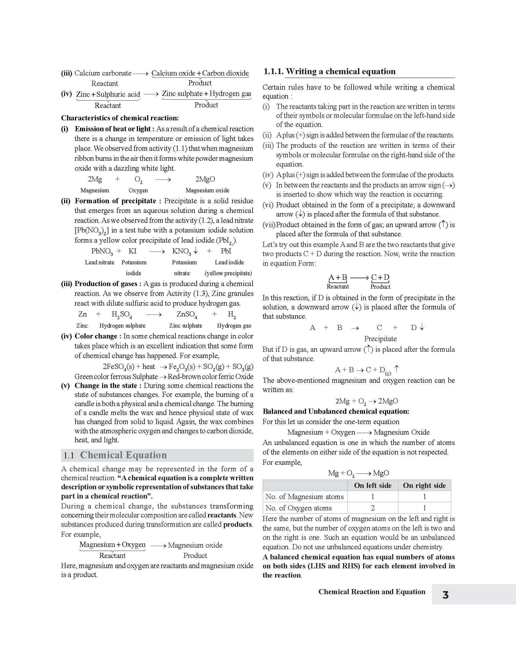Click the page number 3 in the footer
pos(445,595)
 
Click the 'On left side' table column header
pos(373,485)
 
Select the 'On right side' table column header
pos(424,485)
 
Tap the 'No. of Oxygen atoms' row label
pos(298,508)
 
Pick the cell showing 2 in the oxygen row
pos(373,508)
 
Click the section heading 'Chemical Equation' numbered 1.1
pos(123,455)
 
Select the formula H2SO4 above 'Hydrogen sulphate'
pos(121,315)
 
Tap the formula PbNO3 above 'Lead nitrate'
pos(102,251)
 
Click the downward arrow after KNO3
pos(196,250)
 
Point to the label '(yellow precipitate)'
pos(228,273)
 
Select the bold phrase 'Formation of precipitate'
pos(115,201)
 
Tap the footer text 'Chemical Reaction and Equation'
pos(372,592)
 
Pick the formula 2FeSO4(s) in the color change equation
pos(118,367)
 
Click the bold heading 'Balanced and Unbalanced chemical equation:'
pos(336,411)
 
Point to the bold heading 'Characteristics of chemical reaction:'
pos(120,118)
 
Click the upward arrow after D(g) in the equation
pos(397,369)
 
